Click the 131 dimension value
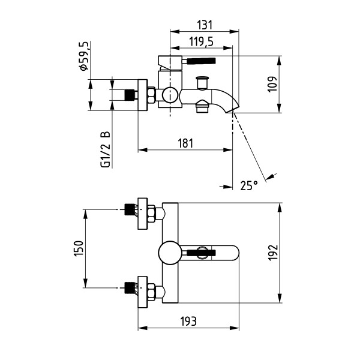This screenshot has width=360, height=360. (x=205, y=25)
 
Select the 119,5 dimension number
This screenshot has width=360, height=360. (x=202, y=42)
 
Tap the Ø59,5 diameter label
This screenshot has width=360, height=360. (x=83, y=56)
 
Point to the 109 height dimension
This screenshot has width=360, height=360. (x=272, y=84)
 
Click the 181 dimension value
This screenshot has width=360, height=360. (x=185, y=143)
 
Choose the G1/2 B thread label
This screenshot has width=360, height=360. (x=106, y=149)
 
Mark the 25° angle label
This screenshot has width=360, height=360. (x=249, y=185)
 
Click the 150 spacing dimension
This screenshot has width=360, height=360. (x=79, y=248)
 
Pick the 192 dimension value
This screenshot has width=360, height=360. (x=273, y=253)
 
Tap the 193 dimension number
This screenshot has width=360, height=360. (x=188, y=321)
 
